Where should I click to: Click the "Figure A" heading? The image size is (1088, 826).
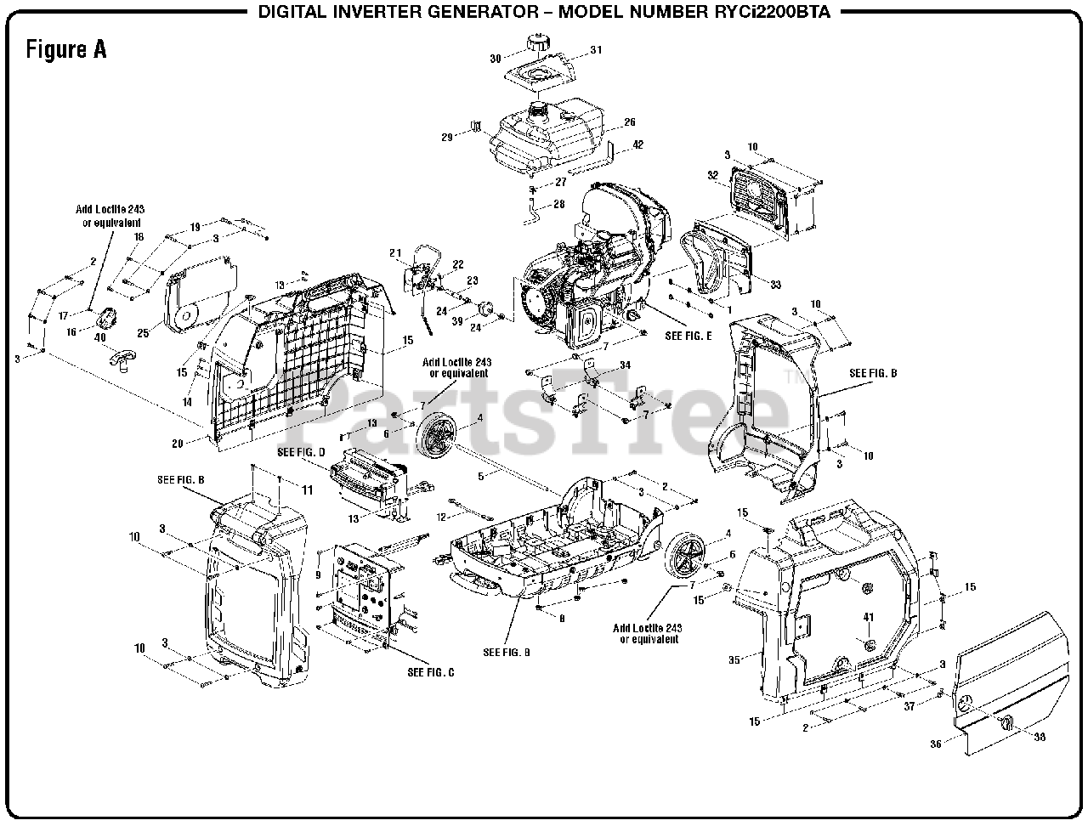click(x=66, y=49)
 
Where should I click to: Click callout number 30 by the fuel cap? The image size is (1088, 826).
click(x=496, y=59)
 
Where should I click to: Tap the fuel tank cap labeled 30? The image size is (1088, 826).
click(x=537, y=43)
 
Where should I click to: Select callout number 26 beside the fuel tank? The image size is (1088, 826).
click(x=630, y=122)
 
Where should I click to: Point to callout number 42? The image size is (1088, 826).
click(x=637, y=144)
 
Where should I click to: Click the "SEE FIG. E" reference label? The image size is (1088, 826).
click(x=688, y=336)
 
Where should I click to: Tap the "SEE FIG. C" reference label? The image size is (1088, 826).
click(x=431, y=673)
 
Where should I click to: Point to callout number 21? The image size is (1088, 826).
click(x=395, y=252)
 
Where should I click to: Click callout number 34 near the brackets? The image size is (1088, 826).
click(x=626, y=365)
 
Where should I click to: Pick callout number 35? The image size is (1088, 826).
click(x=734, y=658)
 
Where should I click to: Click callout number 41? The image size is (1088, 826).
click(x=869, y=616)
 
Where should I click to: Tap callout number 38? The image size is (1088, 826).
click(x=1039, y=738)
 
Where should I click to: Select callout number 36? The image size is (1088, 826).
click(x=936, y=744)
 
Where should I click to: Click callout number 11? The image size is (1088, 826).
click(x=307, y=490)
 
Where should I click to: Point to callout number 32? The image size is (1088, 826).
click(x=713, y=176)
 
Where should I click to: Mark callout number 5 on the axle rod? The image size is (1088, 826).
click(x=480, y=476)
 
